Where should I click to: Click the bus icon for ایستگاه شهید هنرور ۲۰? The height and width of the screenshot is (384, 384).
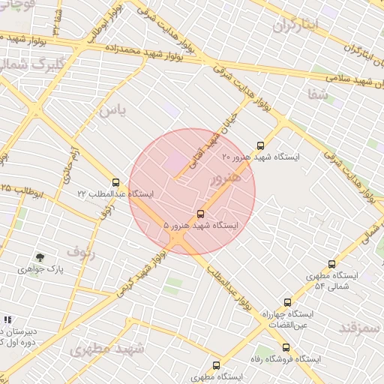(x=260, y=145)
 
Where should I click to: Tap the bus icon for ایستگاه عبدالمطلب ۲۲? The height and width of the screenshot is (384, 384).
(x=115, y=182)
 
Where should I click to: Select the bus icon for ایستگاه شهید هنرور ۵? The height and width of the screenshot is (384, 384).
(x=199, y=214)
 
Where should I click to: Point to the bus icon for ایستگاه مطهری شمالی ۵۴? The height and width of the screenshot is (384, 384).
(x=331, y=264)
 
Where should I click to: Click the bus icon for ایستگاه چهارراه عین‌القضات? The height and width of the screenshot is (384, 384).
(x=287, y=302)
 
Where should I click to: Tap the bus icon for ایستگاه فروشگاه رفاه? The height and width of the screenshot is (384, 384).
(x=286, y=347)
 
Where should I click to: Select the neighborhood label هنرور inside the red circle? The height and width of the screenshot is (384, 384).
(x=226, y=178)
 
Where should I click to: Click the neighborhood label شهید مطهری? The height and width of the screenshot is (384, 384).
(x=100, y=349)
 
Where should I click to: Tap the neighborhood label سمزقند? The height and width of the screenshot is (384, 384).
(x=361, y=328)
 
